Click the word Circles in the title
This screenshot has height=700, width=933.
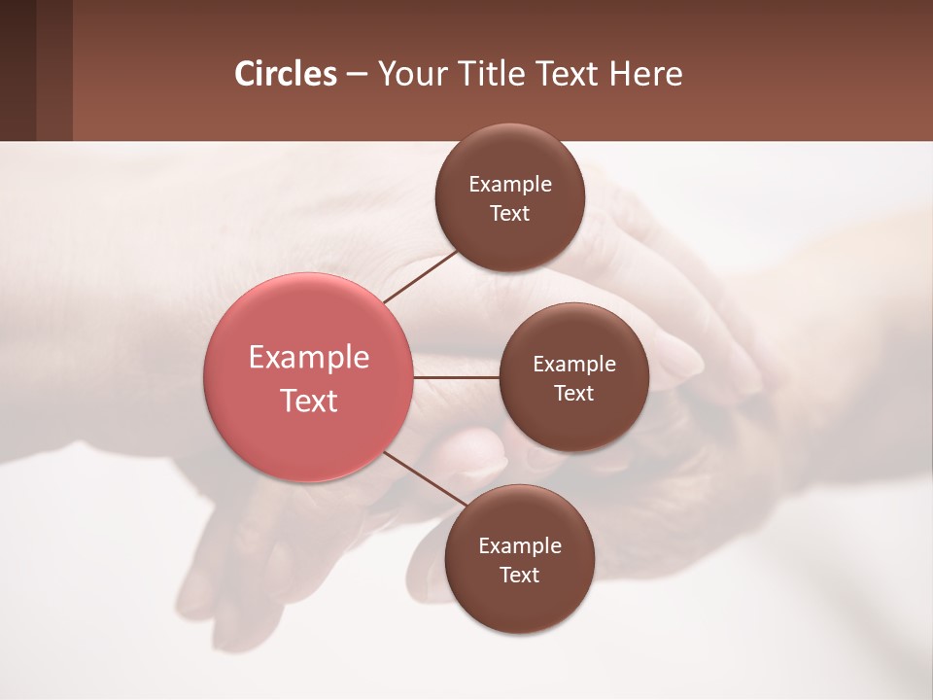pyautogui.click(x=286, y=74)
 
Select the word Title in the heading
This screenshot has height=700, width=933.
pyautogui.click(x=492, y=74)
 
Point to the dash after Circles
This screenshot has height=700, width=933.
pyautogui.click(x=357, y=75)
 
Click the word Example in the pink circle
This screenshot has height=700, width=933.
pyautogui.click(x=309, y=358)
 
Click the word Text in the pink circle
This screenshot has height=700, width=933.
pyautogui.click(x=309, y=401)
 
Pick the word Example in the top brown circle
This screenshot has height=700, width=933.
pyautogui.click(x=510, y=185)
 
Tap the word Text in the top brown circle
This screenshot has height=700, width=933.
pyautogui.click(x=510, y=214)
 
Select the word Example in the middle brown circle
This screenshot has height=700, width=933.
pyautogui.click(x=574, y=365)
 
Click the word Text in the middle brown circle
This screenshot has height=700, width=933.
pyautogui.click(x=574, y=394)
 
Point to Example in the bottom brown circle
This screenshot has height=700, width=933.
pyautogui.click(x=520, y=546)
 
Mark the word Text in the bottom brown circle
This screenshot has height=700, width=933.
pyautogui.click(x=520, y=576)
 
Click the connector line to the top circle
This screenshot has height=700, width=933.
pyautogui.click(x=421, y=276)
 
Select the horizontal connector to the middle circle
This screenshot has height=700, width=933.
pyautogui.click(x=456, y=377)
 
